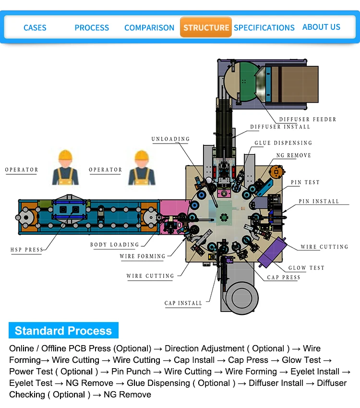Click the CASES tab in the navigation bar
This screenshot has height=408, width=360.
pos(35,28)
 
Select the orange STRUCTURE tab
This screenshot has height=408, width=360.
pos(206,27)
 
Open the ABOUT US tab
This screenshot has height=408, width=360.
pos(321,27)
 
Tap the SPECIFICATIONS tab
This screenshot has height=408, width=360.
pos(264,28)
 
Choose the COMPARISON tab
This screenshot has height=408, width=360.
pos(149,28)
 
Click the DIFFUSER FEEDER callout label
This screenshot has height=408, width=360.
pos(308,119)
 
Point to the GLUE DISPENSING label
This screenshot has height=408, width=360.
pos(283,143)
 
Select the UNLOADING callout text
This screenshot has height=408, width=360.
pos(170,139)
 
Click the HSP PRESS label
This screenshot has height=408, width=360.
pos(27,250)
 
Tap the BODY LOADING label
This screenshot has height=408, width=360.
pos(115,245)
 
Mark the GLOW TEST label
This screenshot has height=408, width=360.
pos(306,268)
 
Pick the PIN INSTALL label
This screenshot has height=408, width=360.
pos(319,202)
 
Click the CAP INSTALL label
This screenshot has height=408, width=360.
pos(183,303)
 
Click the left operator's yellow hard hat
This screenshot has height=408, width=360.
pos(65,156)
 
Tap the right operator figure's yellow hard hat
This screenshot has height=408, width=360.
pos(141,156)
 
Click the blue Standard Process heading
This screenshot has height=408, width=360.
pos(63,331)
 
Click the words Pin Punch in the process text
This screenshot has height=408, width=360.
pos(131,372)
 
